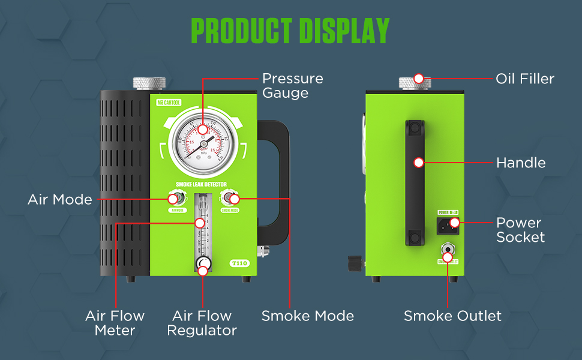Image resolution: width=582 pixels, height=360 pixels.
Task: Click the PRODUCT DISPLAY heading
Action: (x=290, y=31)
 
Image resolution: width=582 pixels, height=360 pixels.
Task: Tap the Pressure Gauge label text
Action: (x=292, y=86)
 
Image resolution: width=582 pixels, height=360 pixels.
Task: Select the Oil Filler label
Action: (x=524, y=79)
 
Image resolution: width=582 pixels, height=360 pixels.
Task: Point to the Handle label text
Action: (x=520, y=163)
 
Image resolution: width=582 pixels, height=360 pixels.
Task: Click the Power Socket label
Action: (x=520, y=230)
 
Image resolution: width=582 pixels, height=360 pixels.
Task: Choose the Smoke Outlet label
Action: (x=452, y=316)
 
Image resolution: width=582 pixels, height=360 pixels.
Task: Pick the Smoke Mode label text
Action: (x=307, y=316)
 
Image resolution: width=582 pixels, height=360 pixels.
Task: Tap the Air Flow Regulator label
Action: (x=202, y=323)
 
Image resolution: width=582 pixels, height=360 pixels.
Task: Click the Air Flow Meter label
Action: (x=115, y=323)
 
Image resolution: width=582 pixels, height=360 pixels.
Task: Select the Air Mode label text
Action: (x=60, y=199)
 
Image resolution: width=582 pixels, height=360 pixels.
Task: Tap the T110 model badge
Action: (x=239, y=263)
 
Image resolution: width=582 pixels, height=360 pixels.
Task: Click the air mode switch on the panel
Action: (x=174, y=199)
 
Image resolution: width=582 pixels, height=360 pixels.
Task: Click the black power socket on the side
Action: (x=448, y=224)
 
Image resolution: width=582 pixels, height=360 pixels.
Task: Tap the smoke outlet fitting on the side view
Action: (x=448, y=250)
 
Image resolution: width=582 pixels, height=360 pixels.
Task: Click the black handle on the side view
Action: (x=415, y=183)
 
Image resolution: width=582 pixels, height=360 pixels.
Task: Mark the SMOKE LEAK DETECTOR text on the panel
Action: (x=202, y=185)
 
